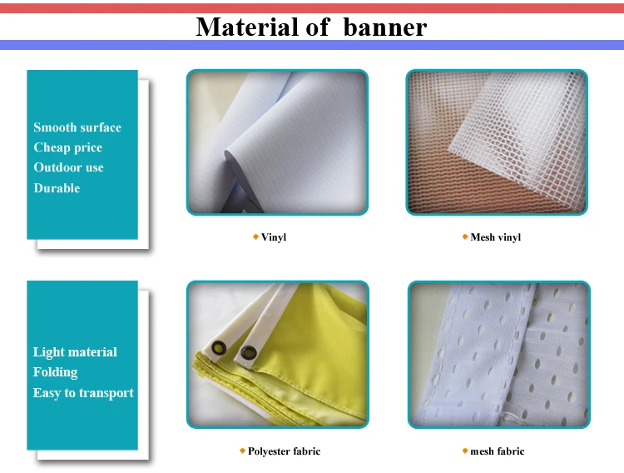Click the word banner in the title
[x=385, y=27]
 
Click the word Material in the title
[x=247, y=27]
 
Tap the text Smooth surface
[x=77, y=127]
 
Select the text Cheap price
[x=67, y=147]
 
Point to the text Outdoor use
[x=68, y=167]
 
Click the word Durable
[x=57, y=187]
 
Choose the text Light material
[x=75, y=352]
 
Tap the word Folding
[x=55, y=372]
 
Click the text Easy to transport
[x=83, y=393]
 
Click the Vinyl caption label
[x=274, y=237]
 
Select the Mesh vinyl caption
[x=496, y=237]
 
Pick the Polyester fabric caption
[x=284, y=451]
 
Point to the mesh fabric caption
[x=497, y=451]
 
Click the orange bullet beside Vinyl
[x=256, y=237]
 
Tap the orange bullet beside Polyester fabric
[x=242, y=451]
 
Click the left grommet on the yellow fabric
[x=219, y=348]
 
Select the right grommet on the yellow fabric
[x=249, y=352]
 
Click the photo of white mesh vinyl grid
[x=497, y=142]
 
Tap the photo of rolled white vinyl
[x=277, y=142]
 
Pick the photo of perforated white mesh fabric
[x=499, y=355]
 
